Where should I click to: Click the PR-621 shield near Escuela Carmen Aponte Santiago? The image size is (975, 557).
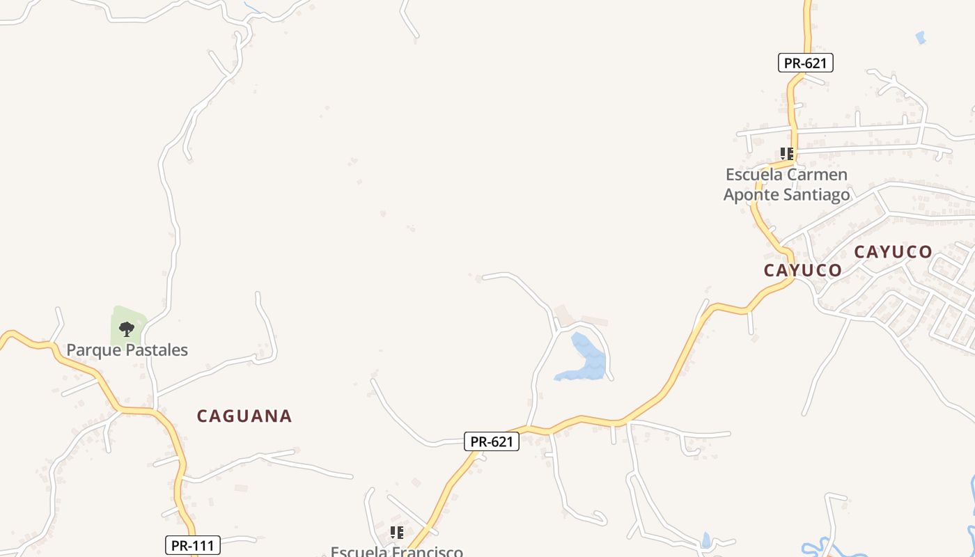805,63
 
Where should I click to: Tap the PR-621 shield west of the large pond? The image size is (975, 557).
492,441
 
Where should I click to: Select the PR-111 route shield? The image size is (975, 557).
193,545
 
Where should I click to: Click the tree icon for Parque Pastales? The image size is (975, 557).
127,329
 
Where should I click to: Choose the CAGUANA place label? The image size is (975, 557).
244,416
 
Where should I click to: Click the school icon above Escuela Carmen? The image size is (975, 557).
787,154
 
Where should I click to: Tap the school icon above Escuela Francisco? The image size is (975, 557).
397,533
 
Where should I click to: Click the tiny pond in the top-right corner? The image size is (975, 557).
921,38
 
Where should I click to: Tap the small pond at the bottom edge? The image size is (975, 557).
706,540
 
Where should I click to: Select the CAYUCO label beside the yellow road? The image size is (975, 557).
802,270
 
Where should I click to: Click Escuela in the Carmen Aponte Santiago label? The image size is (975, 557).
754,174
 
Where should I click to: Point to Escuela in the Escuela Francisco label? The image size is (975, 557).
359,552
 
